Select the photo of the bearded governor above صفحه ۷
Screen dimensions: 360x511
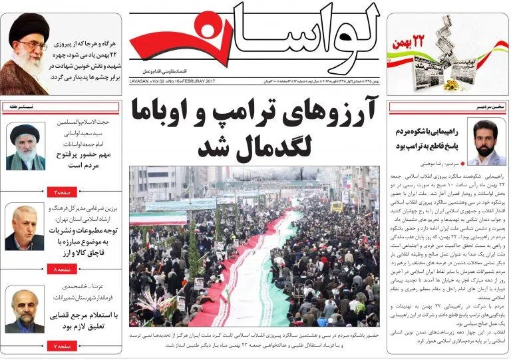click(x=25, y=310)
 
